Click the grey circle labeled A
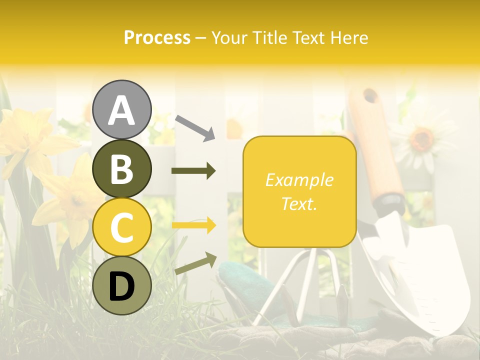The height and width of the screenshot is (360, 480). click(121, 109)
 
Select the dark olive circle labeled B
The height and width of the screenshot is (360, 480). click(121, 168)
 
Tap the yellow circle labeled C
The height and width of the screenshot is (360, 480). click(121, 227)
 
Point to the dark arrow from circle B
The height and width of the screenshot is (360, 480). click(193, 171)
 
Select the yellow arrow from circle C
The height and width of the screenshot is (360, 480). click(193, 225)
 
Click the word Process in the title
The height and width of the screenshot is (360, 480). click(157, 37)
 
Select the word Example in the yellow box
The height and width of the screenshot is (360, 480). click(299, 180)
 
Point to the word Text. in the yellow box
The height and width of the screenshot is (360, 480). click(299, 203)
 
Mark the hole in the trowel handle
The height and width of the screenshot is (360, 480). click(370, 95)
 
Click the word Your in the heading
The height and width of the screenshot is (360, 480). click(230, 37)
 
